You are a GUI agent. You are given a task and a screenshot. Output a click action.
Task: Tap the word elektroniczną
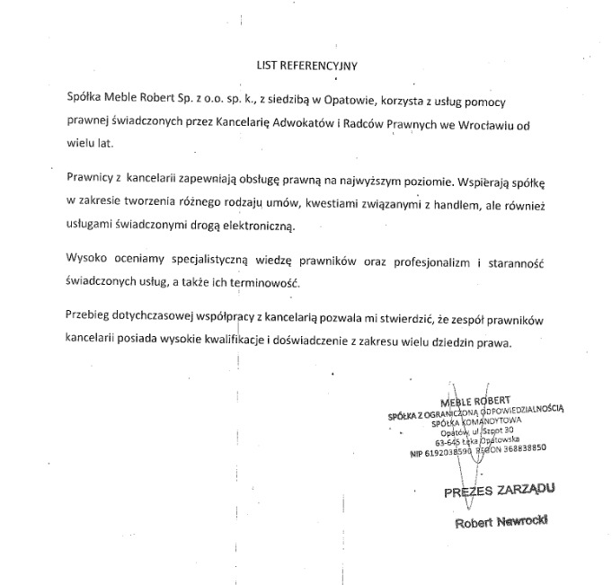265,226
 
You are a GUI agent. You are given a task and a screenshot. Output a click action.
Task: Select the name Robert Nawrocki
501,522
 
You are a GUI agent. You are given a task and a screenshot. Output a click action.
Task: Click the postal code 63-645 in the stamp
449,442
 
